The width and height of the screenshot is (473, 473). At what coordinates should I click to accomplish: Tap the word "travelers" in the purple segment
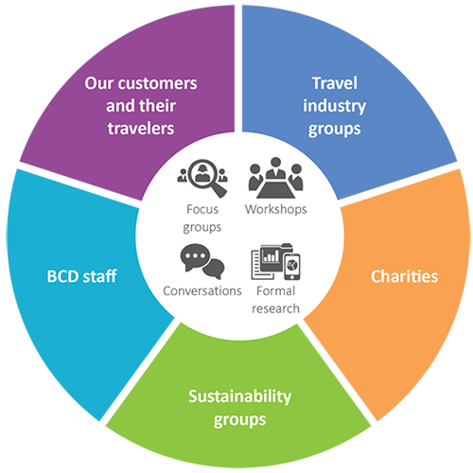click(141, 129)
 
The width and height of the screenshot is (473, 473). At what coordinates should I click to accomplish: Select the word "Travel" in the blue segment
click(335, 83)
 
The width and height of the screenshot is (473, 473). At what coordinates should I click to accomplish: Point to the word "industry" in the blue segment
click(335, 106)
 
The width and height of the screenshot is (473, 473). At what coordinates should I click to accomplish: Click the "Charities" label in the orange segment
click(404, 276)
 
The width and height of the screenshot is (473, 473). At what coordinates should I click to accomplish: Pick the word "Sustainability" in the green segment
click(239, 396)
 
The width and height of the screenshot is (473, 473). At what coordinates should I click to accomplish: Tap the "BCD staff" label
click(81, 276)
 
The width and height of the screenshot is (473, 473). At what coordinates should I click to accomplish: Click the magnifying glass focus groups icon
click(202, 178)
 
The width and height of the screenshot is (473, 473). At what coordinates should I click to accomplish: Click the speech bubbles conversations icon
click(202, 261)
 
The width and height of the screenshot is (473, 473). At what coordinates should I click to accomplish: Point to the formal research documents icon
click(275, 261)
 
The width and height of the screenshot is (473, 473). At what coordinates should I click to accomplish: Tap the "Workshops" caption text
click(275, 210)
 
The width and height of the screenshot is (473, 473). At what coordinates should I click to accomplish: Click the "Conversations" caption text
click(202, 290)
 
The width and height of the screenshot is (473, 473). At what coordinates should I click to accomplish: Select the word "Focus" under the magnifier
click(202, 209)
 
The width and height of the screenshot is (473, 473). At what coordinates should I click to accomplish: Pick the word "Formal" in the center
click(275, 290)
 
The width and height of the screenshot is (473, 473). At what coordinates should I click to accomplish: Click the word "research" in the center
click(275, 308)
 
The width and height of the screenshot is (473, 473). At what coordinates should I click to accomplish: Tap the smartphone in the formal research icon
click(292, 267)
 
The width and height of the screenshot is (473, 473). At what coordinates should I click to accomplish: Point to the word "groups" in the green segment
click(239, 420)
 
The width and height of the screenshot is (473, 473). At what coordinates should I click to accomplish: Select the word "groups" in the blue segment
click(335, 130)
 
